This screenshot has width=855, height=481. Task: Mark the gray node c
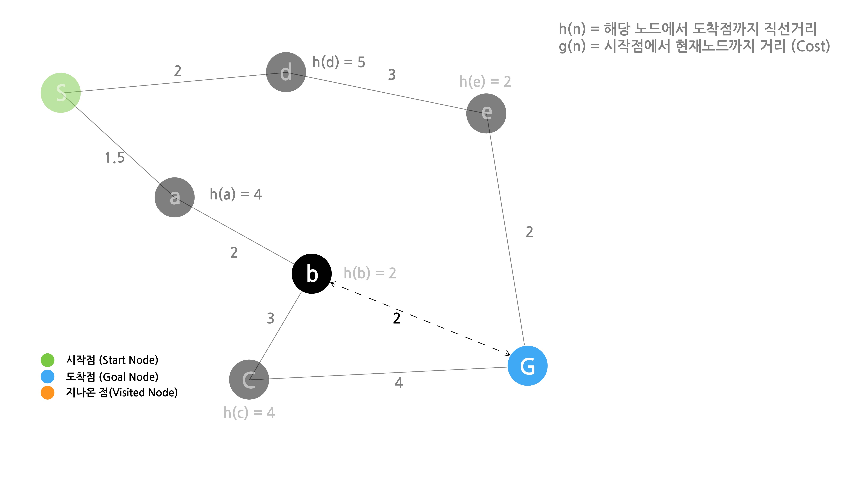tap(249, 379)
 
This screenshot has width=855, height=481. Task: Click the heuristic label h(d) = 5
tap(339, 62)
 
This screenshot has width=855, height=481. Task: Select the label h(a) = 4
tap(236, 194)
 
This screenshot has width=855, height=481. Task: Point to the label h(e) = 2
tap(485, 82)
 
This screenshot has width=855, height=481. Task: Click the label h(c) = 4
tap(249, 413)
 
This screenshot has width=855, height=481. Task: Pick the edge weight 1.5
tap(114, 157)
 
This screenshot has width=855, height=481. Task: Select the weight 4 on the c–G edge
tap(399, 383)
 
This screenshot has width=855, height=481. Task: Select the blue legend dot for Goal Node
tap(47, 376)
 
